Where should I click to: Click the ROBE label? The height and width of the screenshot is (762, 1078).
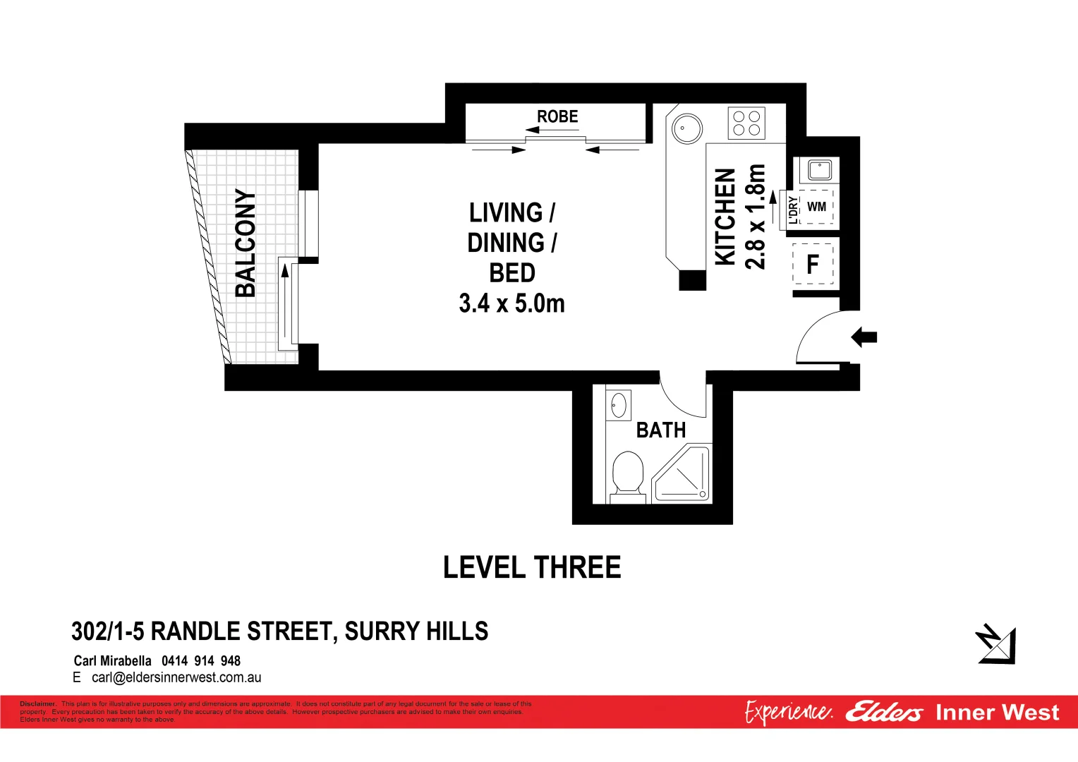click(557, 116)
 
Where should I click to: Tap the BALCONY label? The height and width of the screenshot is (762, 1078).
click(246, 243)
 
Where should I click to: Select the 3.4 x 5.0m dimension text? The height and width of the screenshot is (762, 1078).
click(511, 303)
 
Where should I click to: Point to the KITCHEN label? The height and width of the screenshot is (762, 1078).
click(725, 217)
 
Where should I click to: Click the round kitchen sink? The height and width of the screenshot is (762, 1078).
click(686, 128)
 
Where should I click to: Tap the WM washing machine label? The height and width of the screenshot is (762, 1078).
click(816, 207)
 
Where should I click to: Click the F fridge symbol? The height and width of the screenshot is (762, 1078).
click(813, 265)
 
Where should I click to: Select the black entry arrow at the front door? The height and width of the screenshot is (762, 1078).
click(864, 337)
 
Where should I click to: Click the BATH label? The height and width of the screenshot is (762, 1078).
click(661, 430)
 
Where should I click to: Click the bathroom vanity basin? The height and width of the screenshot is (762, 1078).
click(619, 406)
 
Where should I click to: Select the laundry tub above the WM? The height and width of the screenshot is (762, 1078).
click(820, 169)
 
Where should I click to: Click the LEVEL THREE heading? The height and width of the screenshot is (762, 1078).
click(532, 568)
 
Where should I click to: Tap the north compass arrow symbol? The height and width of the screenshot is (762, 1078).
click(996, 644)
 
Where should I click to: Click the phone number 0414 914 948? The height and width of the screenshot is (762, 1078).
click(201, 661)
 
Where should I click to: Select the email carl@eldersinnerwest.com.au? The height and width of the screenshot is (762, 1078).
click(176, 678)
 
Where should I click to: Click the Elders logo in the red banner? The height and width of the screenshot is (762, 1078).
click(883, 713)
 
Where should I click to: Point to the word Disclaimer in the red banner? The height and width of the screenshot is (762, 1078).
click(38, 703)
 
